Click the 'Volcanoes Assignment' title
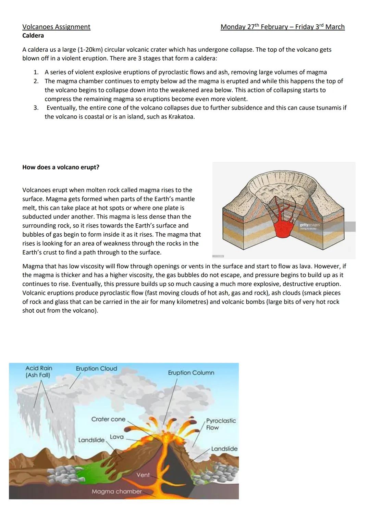pyautogui.click(x=56, y=27)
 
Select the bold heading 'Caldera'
pyautogui.click(x=33, y=36)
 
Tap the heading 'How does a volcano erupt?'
pyautogui.click(x=61, y=167)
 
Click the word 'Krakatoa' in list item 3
pyautogui.click(x=181, y=117)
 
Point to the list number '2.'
pyautogui.click(x=36, y=81)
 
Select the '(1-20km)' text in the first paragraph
pyautogui.click(x=76, y=50)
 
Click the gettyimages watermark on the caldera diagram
pyautogui.click(x=309, y=226)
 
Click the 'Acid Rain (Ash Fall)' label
pyautogui.click(x=38, y=372)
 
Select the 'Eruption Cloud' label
pyautogui.click(x=96, y=369)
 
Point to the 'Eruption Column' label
pyautogui.click(x=191, y=373)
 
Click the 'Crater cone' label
pyautogui.click(x=108, y=419)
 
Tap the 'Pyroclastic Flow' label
pyautogui.click(x=221, y=424)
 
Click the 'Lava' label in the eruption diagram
pyautogui.click(x=116, y=437)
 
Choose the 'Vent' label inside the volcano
pyautogui.click(x=143, y=475)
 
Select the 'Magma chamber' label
pyautogui.click(x=116, y=491)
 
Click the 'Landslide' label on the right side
pyautogui.click(x=224, y=449)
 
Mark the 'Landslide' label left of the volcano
pyautogui.click(x=91, y=440)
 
